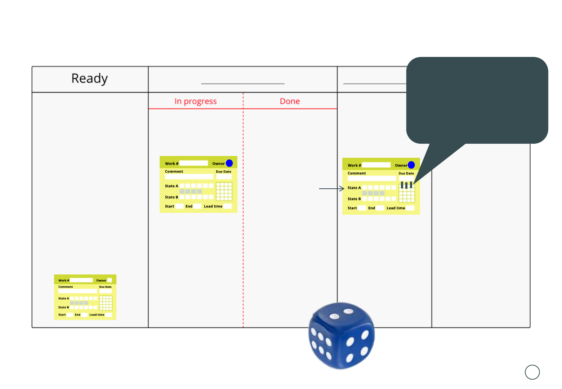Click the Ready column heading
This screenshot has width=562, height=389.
point(90,79)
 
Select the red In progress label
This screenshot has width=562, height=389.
point(196,102)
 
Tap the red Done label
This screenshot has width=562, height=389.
point(290,102)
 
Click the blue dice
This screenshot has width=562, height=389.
point(342,336)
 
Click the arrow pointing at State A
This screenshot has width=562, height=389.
point(331,188)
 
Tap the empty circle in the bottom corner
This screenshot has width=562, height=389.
point(532,372)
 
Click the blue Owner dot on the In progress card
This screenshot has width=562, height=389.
point(229,163)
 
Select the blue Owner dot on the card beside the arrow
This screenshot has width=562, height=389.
point(411,165)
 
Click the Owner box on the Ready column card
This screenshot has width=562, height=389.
point(110,280)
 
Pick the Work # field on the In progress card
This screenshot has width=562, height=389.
point(193,163)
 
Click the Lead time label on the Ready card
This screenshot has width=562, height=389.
point(97,315)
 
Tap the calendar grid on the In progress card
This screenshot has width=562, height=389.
point(224,191)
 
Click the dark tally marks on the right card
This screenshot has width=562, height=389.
point(406,185)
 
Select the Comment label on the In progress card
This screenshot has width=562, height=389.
point(174,171)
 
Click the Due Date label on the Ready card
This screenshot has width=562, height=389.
point(105,287)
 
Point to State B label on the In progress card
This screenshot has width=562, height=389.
point(171,197)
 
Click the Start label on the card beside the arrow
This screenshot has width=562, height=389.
point(352,208)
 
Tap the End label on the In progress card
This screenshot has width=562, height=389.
point(189,206)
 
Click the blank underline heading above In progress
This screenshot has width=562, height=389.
point(242,83)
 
